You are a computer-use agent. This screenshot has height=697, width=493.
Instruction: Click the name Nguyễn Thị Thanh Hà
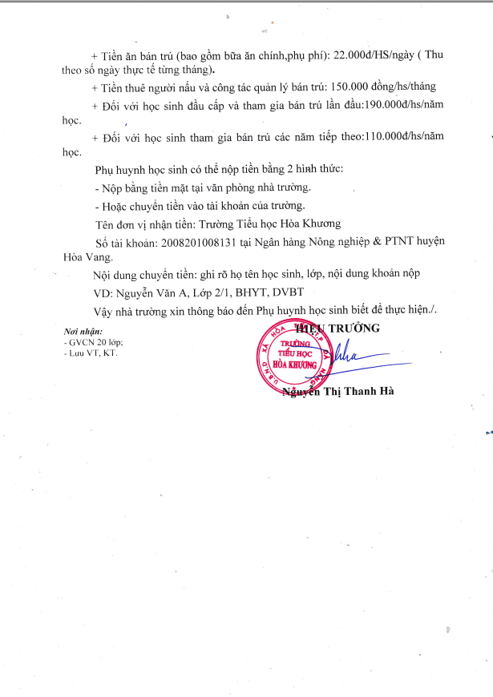click(x=338, y=391)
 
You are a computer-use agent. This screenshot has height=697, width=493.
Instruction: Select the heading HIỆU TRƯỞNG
click(x=338, y=328)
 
